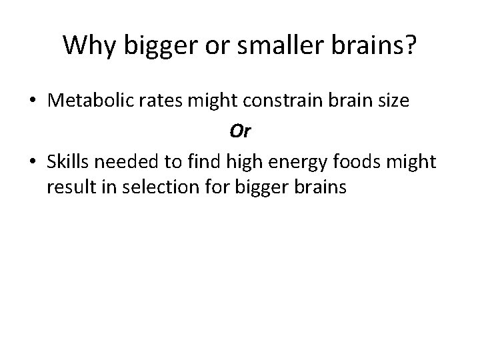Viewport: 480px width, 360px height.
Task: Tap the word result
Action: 70,188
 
